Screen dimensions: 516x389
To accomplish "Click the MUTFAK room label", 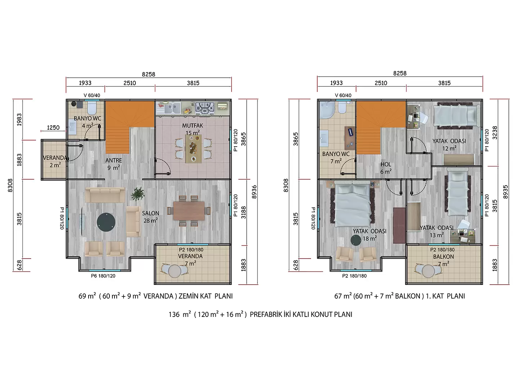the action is pyautogui.click(x=192, y=125).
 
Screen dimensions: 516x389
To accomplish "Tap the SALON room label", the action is pyautogui.click(x=151, y=213).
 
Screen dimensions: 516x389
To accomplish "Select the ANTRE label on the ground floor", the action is pyautogui.click(x=113, y=160).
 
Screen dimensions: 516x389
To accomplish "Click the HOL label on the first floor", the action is pyautogui.click(x=386, y=164).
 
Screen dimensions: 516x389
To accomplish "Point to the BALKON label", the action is pyautogui.click(x=443, y=257).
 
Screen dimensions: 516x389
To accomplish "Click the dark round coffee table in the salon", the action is pyautogui.click(x=106, y=222).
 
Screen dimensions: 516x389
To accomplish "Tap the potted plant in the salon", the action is pyautogui.click(x=138, y=194).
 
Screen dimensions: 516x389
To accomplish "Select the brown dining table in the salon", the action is pyautogui.click(x=189, y=211).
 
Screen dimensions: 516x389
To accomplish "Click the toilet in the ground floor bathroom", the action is pyautogui.click(x=92, y=107).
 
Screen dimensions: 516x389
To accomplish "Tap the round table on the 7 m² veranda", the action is pyautogui.click(x=175, y=271).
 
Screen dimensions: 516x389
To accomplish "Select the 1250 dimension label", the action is pyautogui.click(x=53, y=128).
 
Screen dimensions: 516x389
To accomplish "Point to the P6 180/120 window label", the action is pyautogui.click(x=103, y=276).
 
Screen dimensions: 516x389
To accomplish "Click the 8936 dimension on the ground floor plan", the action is pyautogui.click(x=254, y=192).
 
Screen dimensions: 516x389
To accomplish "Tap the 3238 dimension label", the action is pyautogui.click(x=495, y=133).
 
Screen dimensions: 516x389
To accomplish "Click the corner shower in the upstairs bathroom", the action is pyautogui.click(x=327, y=109).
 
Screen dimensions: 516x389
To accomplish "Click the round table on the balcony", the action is pyautogui.click(x=428, y=271).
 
